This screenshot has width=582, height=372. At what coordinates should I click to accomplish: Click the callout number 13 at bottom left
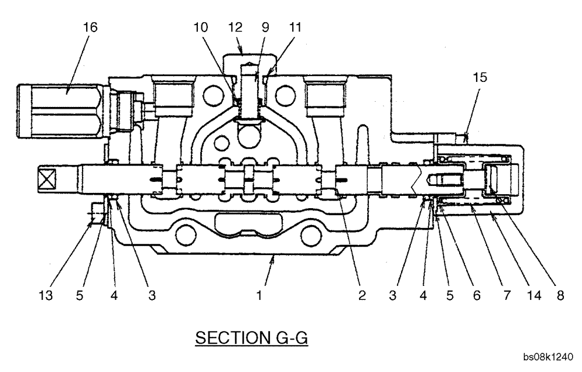tap(46, 296)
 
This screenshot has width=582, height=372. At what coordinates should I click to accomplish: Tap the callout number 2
tap(362, 296)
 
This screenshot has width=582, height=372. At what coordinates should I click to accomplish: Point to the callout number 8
tap(560, 296)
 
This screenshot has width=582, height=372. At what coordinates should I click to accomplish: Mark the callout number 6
tap(477, 296)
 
